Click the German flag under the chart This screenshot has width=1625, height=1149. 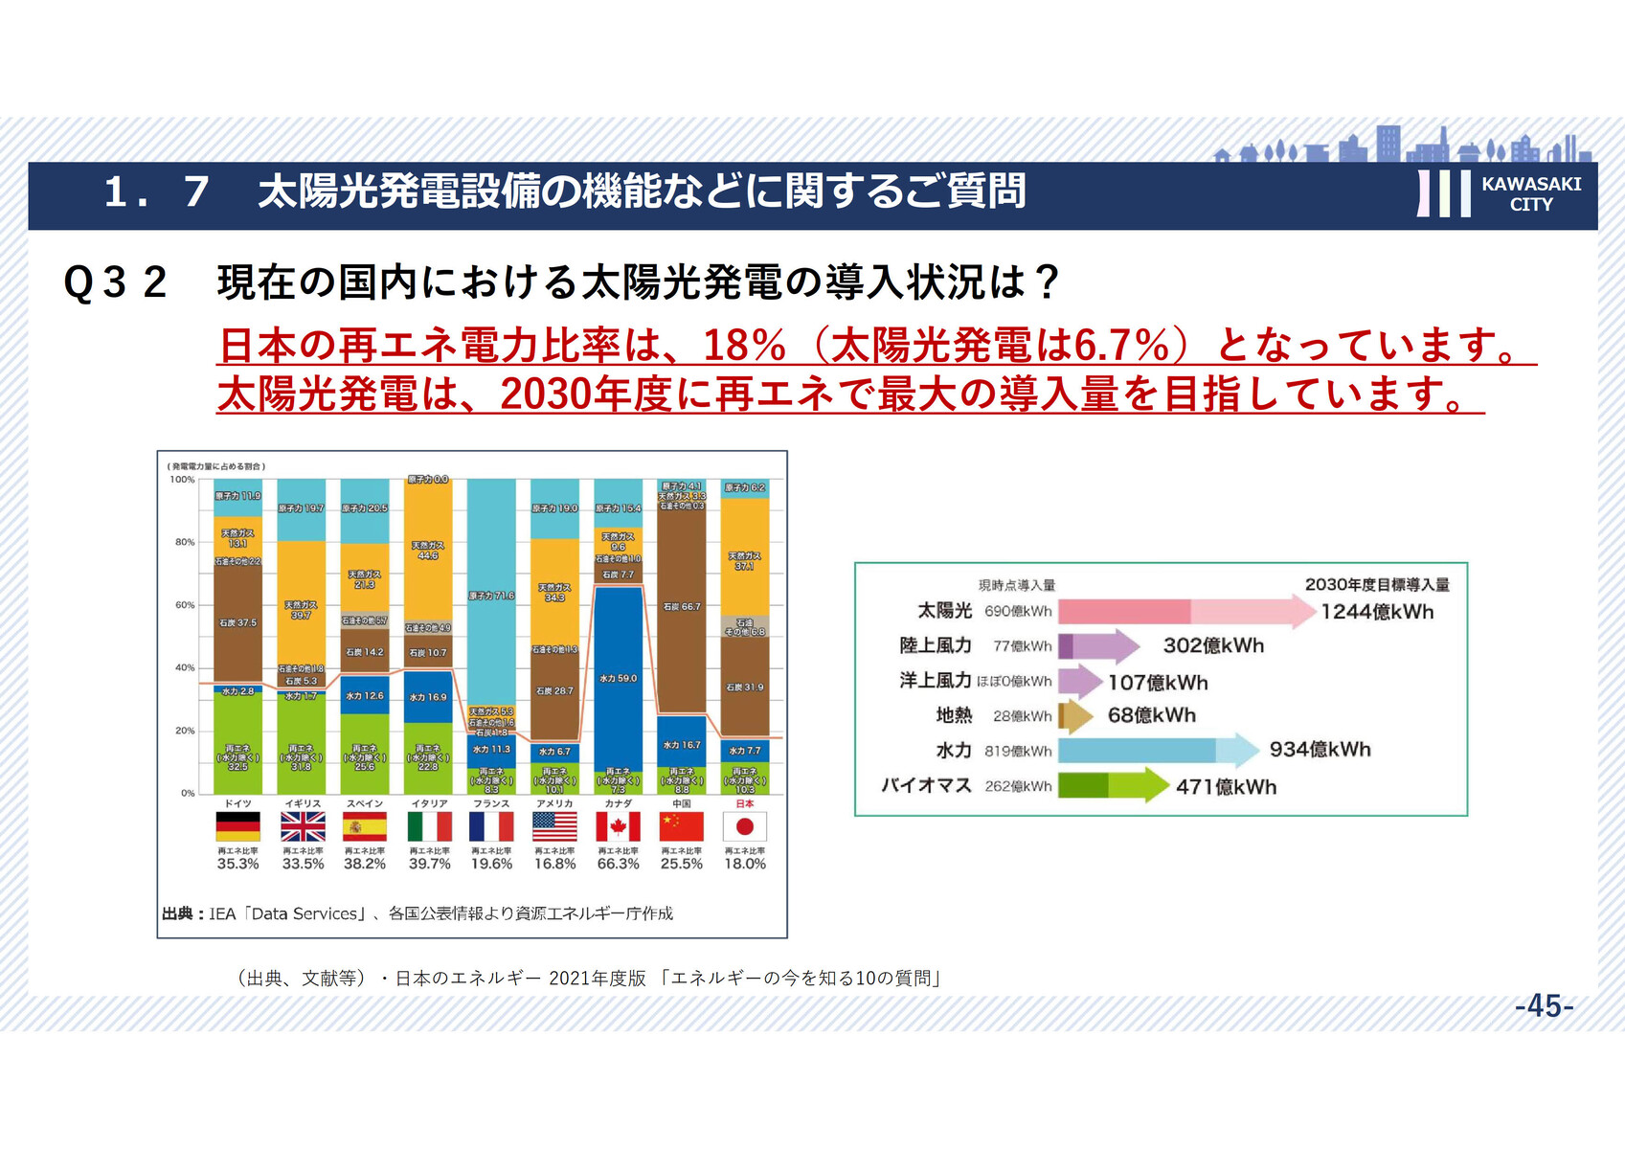point(237,826)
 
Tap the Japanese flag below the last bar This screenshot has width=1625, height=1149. point(745,826)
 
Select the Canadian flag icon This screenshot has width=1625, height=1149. point(618,826)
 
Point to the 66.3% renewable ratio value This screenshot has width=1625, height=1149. point(618,864)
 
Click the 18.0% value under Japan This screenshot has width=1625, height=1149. point(745,864)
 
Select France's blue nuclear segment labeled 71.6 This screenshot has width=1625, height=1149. point(491,596)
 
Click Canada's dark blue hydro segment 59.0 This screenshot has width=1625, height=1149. point(618,678)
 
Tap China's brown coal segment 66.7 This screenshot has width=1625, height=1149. point(682,607)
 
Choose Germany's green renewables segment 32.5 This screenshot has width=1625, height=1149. point(237,742)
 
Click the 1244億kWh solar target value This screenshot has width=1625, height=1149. point(1377,612)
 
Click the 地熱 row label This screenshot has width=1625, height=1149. point(954,715)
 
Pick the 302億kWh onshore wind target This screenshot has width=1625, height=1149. point(1213,646)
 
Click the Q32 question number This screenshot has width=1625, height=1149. point(115,283)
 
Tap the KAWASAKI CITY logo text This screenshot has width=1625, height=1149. point(1530,193)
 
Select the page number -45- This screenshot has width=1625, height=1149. point(1544,1006)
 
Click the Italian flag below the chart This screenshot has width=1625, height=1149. point(429,826)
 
